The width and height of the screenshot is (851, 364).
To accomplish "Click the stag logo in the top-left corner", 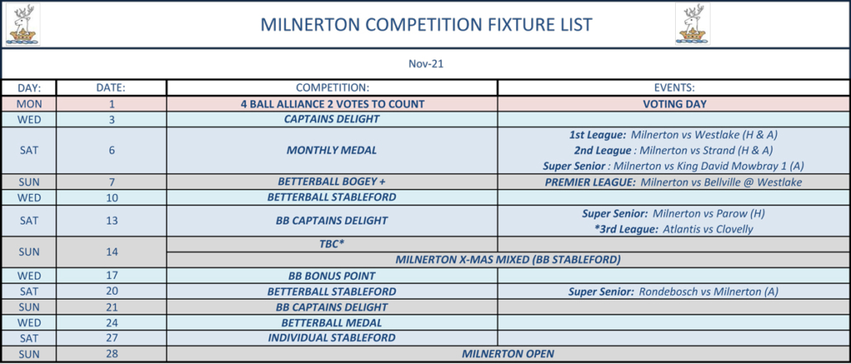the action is click(x=23, y=25).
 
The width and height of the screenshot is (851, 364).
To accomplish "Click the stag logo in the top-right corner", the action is click(x=692, y=25).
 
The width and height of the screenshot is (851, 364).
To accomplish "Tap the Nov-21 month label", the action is click(x=426, y=64).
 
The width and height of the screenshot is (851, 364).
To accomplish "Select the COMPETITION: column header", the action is click(x=332, y=87).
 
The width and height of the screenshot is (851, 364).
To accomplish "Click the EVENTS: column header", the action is click(x=674, y=87).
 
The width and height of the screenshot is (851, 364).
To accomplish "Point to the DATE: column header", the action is click(x=112, y=87).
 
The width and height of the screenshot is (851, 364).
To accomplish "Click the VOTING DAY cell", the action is click(x=674, y=104).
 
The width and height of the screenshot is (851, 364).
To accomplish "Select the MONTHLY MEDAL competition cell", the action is click(x=331, y=151).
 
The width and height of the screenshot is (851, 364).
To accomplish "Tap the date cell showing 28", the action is click(x=112, y=354).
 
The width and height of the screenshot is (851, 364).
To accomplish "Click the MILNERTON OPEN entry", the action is click(x=508, y=354).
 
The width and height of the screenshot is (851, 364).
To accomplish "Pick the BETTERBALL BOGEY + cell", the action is click(x=331, y=182).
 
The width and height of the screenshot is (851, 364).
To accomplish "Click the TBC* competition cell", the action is click(x=331, y=244).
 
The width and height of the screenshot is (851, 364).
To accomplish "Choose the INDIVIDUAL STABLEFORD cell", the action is click(x=331, y=338).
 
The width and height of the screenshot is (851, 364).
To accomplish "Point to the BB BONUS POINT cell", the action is click(x=331, y=276).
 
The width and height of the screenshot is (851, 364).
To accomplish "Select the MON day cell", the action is click(x=29, y=104).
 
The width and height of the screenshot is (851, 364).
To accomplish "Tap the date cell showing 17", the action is click(x=112, y=276).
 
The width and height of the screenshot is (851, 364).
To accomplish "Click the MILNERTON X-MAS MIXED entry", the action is click(x=508, y=260).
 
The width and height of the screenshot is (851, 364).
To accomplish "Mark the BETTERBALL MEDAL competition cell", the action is click(x=331, y=323).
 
